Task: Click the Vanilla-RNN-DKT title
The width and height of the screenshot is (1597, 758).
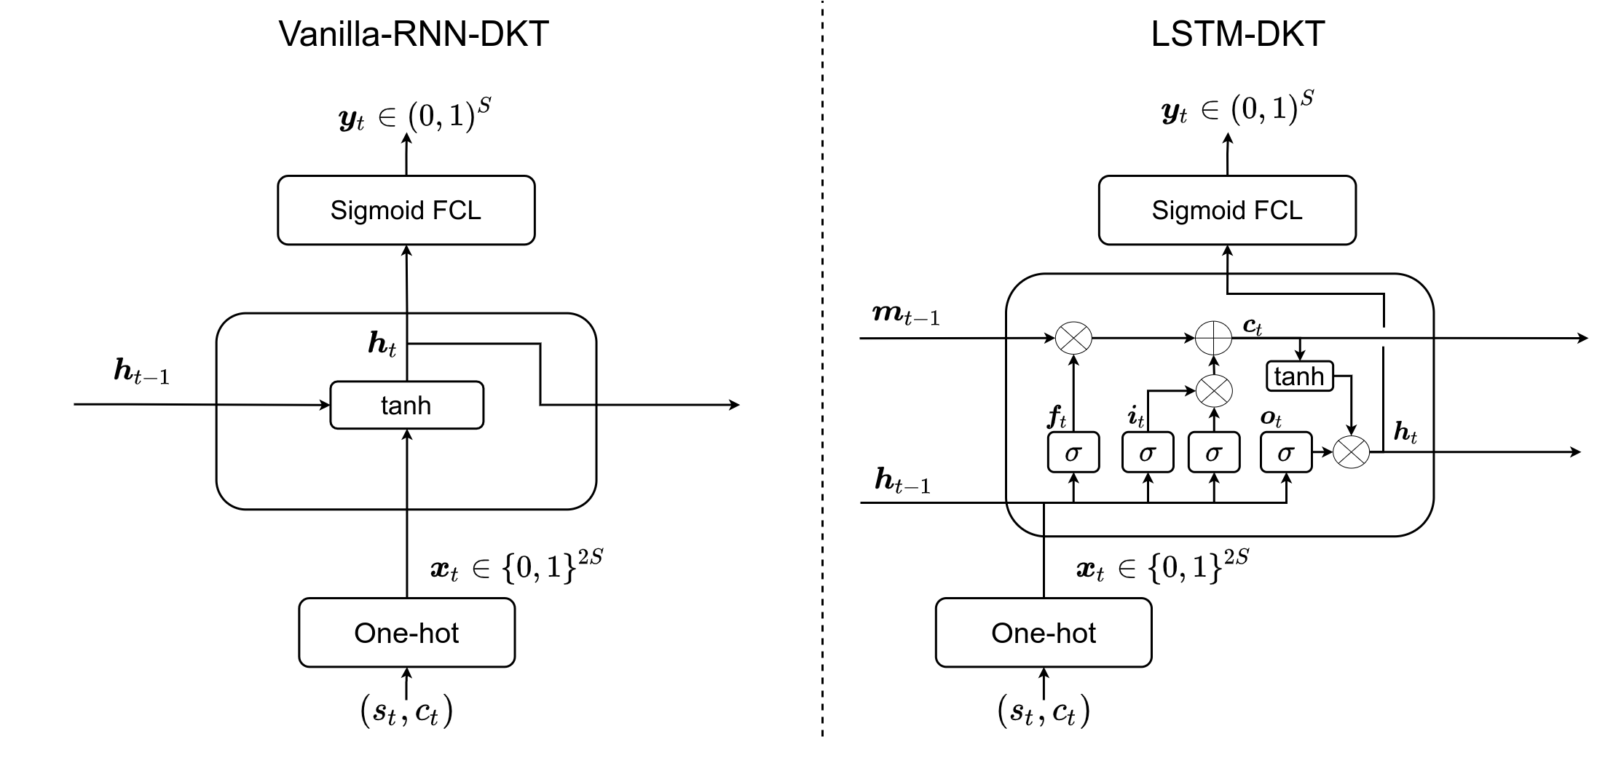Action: (x=414, y=34)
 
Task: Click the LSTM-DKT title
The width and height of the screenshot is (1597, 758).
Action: (x=1237, y=34)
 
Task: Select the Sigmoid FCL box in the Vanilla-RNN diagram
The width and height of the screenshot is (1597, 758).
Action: (x=406, y=210)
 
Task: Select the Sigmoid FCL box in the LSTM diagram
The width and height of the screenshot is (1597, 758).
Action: (x=1227, y=210)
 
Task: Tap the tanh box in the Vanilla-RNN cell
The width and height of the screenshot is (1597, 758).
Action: (x=406, y=405)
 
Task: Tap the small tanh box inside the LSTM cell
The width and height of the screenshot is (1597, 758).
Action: (x=1300, y=376)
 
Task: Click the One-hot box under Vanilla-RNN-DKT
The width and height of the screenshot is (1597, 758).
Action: (x=406, y=633)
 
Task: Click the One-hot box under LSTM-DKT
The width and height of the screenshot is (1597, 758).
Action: (x=1044, y=633)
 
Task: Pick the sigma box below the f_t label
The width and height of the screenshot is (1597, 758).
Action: (x=1073, y=453)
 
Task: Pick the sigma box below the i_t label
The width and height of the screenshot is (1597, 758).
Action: (x=1148, y=453)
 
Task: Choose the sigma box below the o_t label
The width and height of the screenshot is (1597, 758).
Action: (x=1286, y=453)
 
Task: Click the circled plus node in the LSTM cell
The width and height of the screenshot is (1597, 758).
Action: (x=1214, y=338)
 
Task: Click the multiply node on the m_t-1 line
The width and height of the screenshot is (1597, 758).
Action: (x=1074, y=338)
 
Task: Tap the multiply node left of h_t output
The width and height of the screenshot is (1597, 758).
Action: (x=1351, y=452)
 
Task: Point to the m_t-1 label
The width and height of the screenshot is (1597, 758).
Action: (x=907, y=315)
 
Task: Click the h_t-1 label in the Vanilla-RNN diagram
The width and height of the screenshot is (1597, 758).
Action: (x=142, y=372)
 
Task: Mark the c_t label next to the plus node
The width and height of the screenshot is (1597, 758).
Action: (x=1252, y=327)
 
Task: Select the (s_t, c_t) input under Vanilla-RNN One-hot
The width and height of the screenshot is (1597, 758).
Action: (x=406, y=711)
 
